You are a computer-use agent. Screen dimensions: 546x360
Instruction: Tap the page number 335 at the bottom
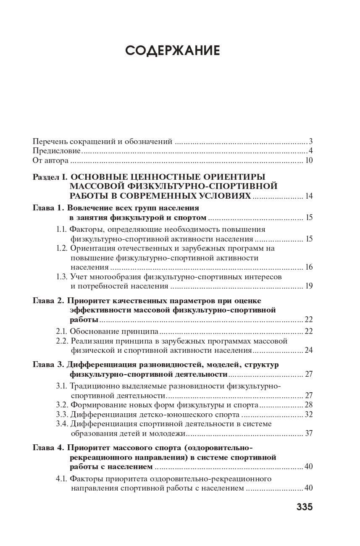point(305,507)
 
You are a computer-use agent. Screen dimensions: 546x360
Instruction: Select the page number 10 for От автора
point(309,160)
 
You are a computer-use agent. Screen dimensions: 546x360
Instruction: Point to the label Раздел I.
point(50,177)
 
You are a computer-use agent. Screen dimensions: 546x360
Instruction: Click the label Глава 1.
point(48,208)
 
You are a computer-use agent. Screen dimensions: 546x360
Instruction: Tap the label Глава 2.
point(48,301)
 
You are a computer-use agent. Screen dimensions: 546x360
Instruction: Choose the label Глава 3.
point(48,365)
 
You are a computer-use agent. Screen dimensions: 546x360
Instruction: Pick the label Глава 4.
point(48,447)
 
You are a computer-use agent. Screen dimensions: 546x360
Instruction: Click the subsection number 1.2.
point(62,248)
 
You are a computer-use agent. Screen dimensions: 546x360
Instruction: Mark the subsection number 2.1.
point(62,331)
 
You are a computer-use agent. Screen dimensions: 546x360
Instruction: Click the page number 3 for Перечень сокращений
point(310,141)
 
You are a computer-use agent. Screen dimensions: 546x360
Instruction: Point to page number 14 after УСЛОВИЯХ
point(309,196)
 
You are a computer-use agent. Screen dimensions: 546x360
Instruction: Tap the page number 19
point(309,286)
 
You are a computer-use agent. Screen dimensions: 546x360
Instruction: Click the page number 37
point(309,433)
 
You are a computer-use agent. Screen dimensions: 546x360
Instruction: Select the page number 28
point(309,405)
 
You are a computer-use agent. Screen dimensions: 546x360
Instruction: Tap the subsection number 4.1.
point(62,479)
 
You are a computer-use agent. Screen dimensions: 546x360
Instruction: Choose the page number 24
point(309,350)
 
